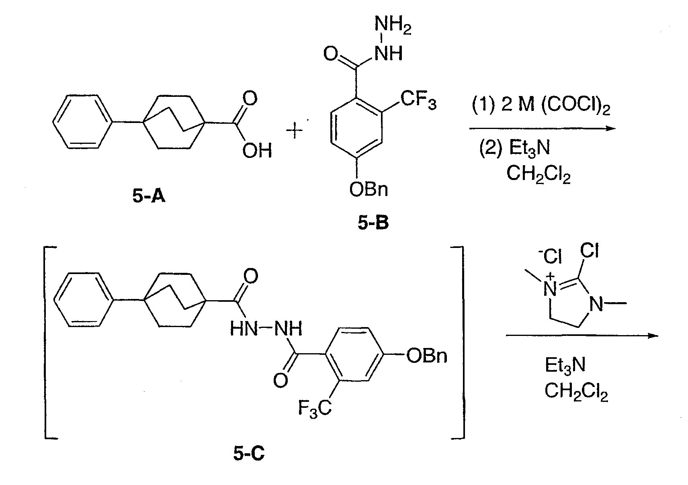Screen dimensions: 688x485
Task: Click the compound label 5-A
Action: (x=149, y=196)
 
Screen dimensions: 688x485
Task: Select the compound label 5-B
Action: (x=373, y=222)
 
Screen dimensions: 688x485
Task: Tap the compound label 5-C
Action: (x=249, y=453)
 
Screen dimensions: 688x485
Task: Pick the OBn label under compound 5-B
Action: (x=369, y=190)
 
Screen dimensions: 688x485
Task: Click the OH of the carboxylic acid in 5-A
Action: (x=257, y=151)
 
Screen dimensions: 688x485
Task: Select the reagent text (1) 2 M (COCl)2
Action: (x=541, y=105)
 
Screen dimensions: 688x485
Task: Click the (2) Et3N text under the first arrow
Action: (x=514, y=148)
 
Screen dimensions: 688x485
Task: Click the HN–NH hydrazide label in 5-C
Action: (x=266, y=329)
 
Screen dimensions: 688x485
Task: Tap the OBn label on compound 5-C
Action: (x=427, y=356)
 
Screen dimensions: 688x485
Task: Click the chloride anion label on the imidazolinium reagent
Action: (x=550, y=256)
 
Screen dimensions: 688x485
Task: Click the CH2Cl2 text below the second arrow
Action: (x=576, y=392)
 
